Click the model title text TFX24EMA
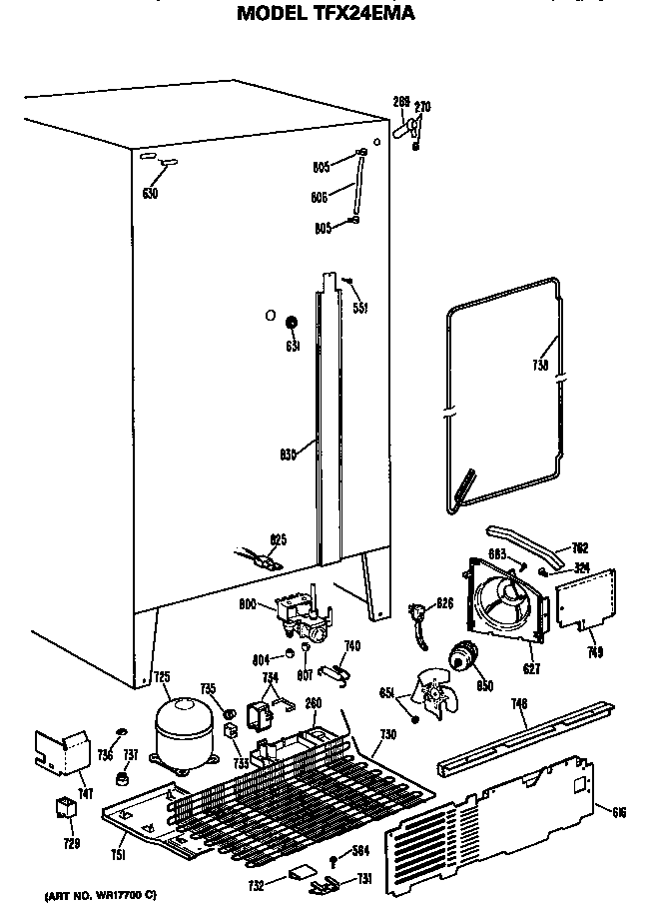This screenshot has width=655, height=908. pyautogui.click(x=326, y=13)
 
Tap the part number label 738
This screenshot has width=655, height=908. pyautogui.click(x=540, y=366)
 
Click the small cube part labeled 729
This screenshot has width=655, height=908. pyautogui.click(x=65, y=808)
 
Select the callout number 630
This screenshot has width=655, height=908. pyautogui.click(x=150, y=194)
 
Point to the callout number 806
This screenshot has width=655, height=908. pyautogui.click(x=320, y=198)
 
